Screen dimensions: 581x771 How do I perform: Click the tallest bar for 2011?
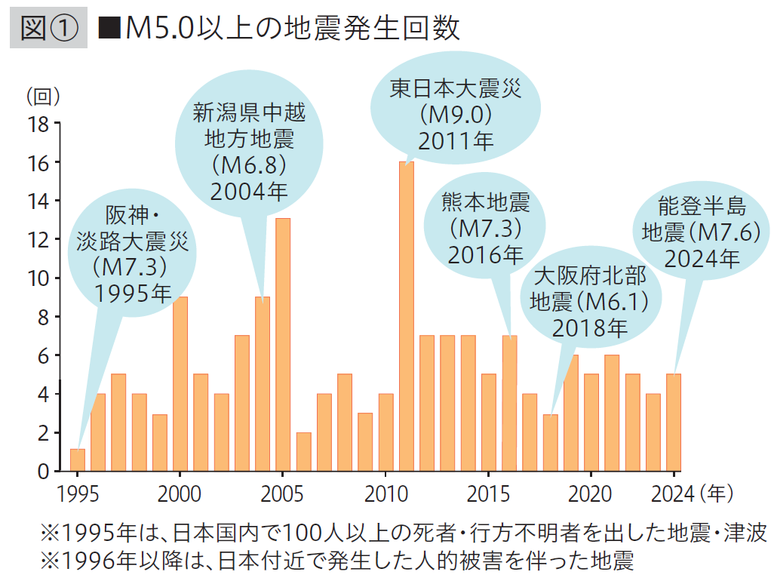[x=406, y=317]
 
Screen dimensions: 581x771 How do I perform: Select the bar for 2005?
[x=283, y=345]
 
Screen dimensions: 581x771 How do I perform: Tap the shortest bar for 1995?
[x=78, y=460]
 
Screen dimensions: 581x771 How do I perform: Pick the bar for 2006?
[x=303, y=451]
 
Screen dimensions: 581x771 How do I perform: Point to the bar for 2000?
[x=180, y=384]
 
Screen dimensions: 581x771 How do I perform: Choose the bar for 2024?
[x=674, y=423]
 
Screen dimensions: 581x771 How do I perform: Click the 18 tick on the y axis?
[x=38, y=124]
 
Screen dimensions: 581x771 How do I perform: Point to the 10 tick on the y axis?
[x=38, y=278]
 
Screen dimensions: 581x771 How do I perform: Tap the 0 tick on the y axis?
[x=43, y=472]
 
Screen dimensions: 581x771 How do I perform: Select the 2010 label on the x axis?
[x=385, y=494]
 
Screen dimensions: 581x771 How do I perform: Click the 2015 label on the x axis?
[x=488, y=494]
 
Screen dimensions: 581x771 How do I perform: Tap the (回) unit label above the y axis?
[x=42, y=96]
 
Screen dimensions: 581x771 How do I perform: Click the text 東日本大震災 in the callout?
[x=456, y=90]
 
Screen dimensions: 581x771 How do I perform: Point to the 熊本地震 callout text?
[x=486, y=202]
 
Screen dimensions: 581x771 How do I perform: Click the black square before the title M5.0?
[x=112, y=29]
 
